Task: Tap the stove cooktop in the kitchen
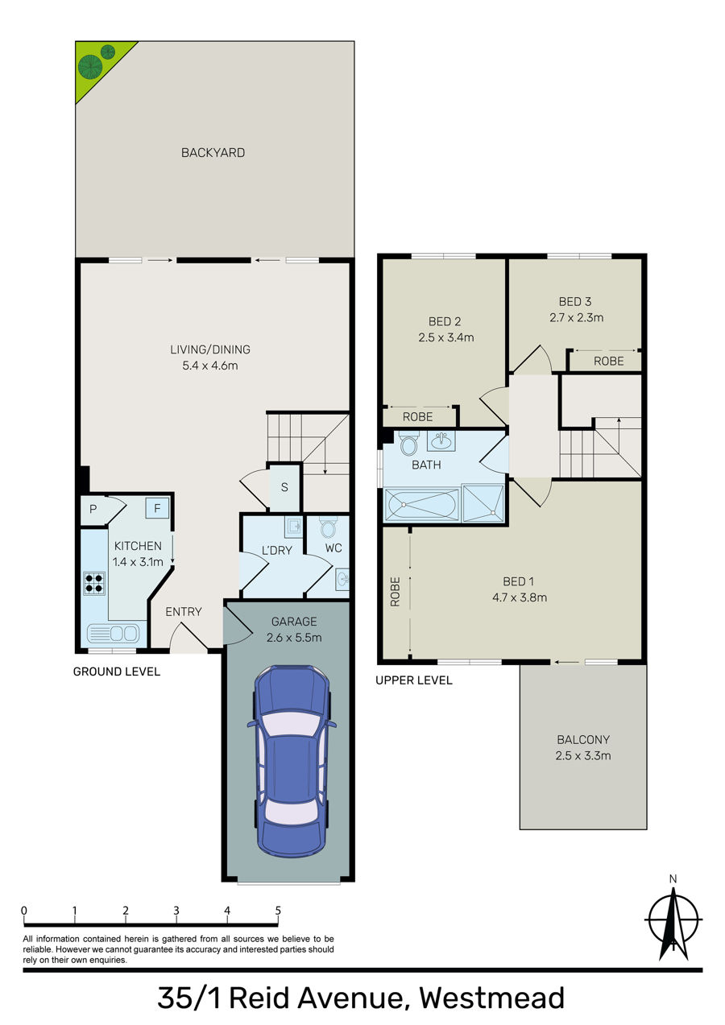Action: tap(93, 583)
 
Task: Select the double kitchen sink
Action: tap(113, 634)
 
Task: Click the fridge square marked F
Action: tap(157, 508)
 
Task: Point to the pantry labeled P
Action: tap(93, 509)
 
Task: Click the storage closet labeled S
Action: tap(284, 487)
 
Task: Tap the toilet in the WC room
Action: tap(328, 527)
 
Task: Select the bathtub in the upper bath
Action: tap(421, 505)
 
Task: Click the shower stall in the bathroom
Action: tap(483, 503)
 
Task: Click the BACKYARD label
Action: tap(213, 152)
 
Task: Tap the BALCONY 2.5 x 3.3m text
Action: tap(583, 747)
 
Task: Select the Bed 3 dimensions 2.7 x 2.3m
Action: tap(577, 317)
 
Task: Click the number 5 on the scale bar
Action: tap(278, 910)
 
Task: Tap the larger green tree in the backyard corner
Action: tap(90, 66)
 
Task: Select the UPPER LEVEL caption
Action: tap(414, 680)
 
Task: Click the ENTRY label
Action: tap(184, 611)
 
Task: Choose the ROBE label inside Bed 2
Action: tap(418, 417)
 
